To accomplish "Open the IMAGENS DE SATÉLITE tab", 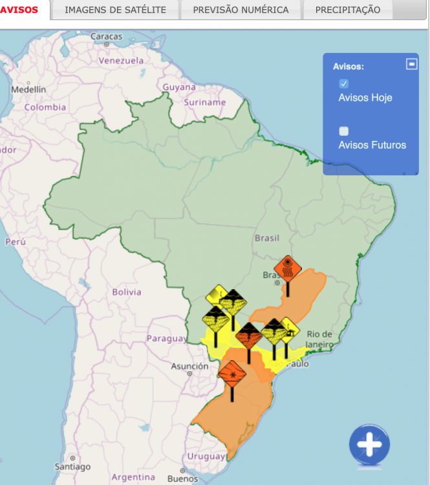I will click(x=115, y=10).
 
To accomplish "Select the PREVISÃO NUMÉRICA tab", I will click(x=241, y=10).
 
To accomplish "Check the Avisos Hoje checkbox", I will click(x=344, y=83).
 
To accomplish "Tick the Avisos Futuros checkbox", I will click(x=344, y=131).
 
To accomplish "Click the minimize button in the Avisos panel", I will click(x=411, y=64).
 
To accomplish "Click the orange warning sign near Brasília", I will click(x=287, y=268).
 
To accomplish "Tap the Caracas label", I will click(x=107, y=36).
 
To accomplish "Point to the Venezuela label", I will click(x=121, y=60).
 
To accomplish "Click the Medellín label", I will click(x=28, y=89).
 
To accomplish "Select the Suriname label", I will click(x=205, y=102).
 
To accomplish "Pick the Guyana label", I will click(x=179, y=87).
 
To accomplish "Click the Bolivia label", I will click(x=126, y=292).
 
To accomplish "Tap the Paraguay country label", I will click(x=166, y=338).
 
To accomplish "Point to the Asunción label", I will click(x=189, y=366).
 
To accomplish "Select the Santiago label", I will click(x=72, y=466).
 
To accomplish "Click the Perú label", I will click(x=15, y=242).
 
